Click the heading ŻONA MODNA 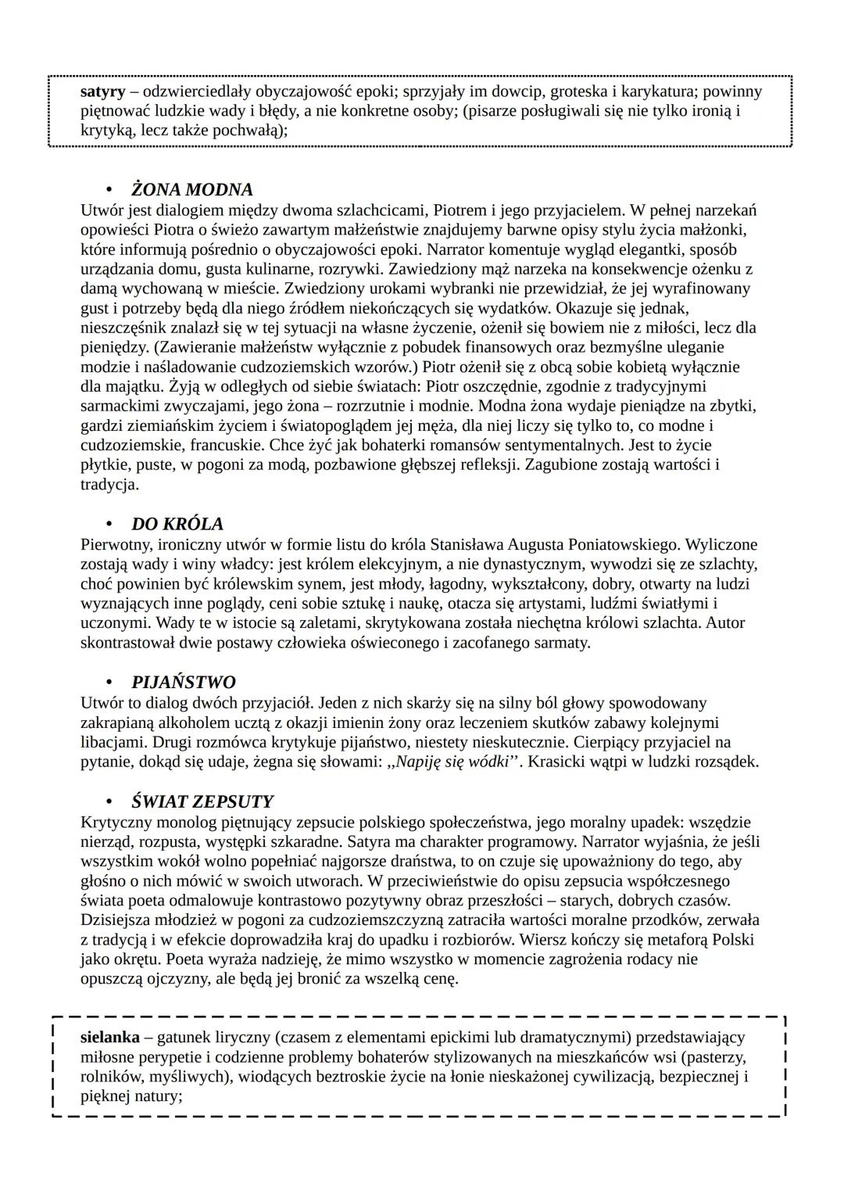pyautogui.click(x=191, y=190)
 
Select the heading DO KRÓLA pyautogui.click(x=177, y=524)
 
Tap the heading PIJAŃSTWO pyautogui.click(x=183, y=683)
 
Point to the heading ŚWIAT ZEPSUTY pyautogui.click(x=202, y=802)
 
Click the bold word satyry pyautogui.click(x=102, y=91)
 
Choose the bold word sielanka pyautogui.click(x=110, y=1038)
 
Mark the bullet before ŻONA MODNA pyautogui.click(x=110, y=190)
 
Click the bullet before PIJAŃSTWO pyautogui.click(x=110, y=683)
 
